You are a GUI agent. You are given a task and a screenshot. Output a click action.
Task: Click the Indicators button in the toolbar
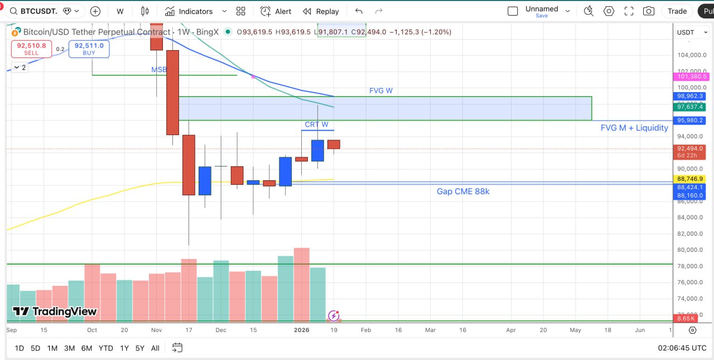click(x=189, y=11)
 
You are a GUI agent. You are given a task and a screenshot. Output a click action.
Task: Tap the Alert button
click(x=276, y=11)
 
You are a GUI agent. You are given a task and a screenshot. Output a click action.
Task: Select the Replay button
click(x=321, y=11)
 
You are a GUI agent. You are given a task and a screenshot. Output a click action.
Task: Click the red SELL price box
click(x=31, y=49)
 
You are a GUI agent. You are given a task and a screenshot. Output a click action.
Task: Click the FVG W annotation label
click(x=380, y=90)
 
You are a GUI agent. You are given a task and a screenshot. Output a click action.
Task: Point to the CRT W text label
click(x=316, y=124)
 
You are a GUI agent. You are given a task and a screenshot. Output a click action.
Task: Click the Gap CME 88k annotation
click(x=463, y=191)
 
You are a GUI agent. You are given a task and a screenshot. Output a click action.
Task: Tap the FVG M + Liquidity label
click(x=634, y=128)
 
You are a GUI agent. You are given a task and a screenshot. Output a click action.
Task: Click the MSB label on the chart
click(x=159, y=70)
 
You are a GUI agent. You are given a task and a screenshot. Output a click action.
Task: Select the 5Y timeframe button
click(x=139, y=348)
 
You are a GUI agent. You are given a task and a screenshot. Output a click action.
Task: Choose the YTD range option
click(x=106, y=348)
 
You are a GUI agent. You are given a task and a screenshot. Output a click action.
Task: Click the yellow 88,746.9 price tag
click(x=689, y=179)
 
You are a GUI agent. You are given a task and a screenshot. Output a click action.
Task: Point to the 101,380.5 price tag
click(x=692, y=76)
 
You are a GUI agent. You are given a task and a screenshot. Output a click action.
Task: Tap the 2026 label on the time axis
click(x=301, y=330)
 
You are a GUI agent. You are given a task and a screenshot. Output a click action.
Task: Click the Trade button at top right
click(x=677, y=11)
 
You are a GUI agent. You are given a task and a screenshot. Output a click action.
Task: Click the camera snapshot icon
click(x=648, y=11)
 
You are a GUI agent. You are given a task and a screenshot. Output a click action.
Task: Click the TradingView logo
click(x=55, y=311)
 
